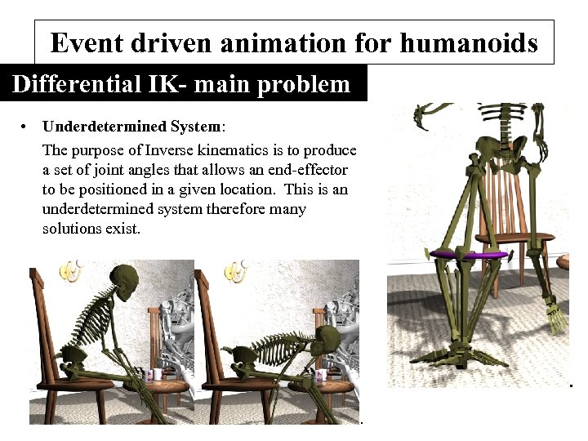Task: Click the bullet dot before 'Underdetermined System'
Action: coord(27,127)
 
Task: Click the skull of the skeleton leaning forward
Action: coord(326,337)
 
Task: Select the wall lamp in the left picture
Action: coord(71,270)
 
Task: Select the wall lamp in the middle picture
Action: coord(237,270)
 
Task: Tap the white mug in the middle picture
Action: coord(322,375)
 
